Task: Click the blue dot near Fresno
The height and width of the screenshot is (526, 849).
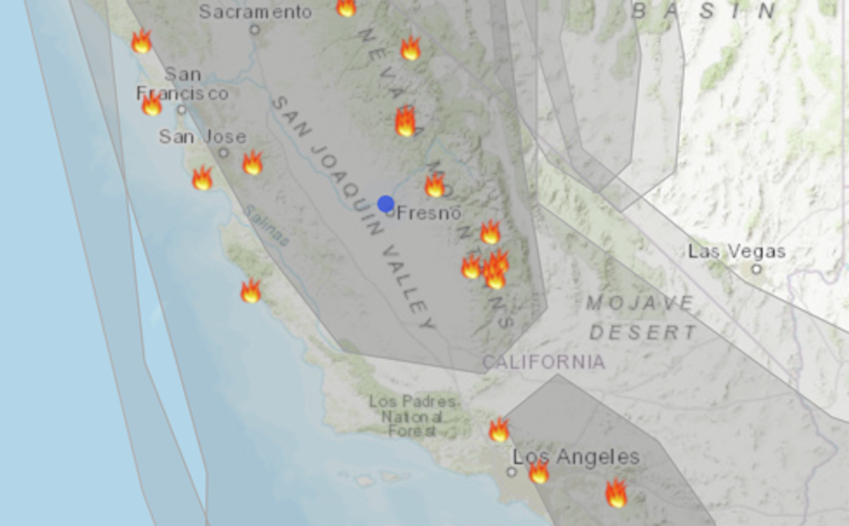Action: (x=385, y=203)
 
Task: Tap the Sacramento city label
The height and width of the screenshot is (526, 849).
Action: (x=255, y=12)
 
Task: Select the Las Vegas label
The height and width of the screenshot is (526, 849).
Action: (x=736, y=251)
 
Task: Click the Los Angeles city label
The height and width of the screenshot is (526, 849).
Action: (x=576, y=456)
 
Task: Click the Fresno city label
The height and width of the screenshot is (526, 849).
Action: (x=429, y=213)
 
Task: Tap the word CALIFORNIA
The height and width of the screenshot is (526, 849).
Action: (x=543, y=362)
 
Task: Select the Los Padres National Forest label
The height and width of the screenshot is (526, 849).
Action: (x=404, y=416)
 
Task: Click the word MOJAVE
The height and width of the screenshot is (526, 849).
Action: (x=640, y=303)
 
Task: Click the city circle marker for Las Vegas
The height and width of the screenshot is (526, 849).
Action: (x=756, y=269)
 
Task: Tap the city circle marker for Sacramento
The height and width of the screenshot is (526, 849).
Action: (x=255, y=30)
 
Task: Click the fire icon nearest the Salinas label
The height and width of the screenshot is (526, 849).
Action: (x=251, y=291)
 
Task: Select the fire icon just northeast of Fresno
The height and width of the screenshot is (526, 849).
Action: (x=434, y=185)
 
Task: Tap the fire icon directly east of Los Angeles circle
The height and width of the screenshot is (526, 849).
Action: (x=538, y=472)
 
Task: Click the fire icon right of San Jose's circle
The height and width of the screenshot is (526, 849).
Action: (x=252, y=162)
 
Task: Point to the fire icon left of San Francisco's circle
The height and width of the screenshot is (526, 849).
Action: (x=152, y=104)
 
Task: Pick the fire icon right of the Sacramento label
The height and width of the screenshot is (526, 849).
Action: (x=346, y=7)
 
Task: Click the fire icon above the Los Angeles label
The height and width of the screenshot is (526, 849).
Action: (x=498, y=430)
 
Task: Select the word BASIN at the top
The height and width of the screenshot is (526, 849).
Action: (x=703, y=11)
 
